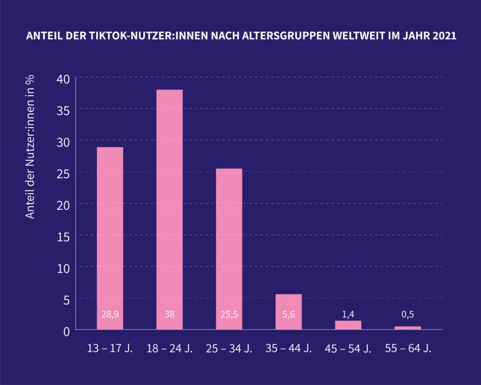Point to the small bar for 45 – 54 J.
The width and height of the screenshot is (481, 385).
[x=348, y=325]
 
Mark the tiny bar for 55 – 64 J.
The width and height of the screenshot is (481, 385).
[x=408, y=328]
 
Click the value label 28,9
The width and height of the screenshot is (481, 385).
[x=110, y=314]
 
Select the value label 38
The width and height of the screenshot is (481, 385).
[x=170, y=314]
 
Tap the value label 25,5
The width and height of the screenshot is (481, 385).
[x=229, y=314]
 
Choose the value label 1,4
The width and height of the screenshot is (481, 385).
[x=348, y=314]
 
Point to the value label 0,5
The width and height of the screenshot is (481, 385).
[x=408, y=314]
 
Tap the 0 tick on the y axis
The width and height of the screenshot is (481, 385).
[x=66, y=331]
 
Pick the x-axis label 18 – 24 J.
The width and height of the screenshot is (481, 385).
[x=170, y=349]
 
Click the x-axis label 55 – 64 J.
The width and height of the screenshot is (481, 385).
[x=408, y=349]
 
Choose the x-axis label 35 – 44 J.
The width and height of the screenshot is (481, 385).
[x=288, y=349]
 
